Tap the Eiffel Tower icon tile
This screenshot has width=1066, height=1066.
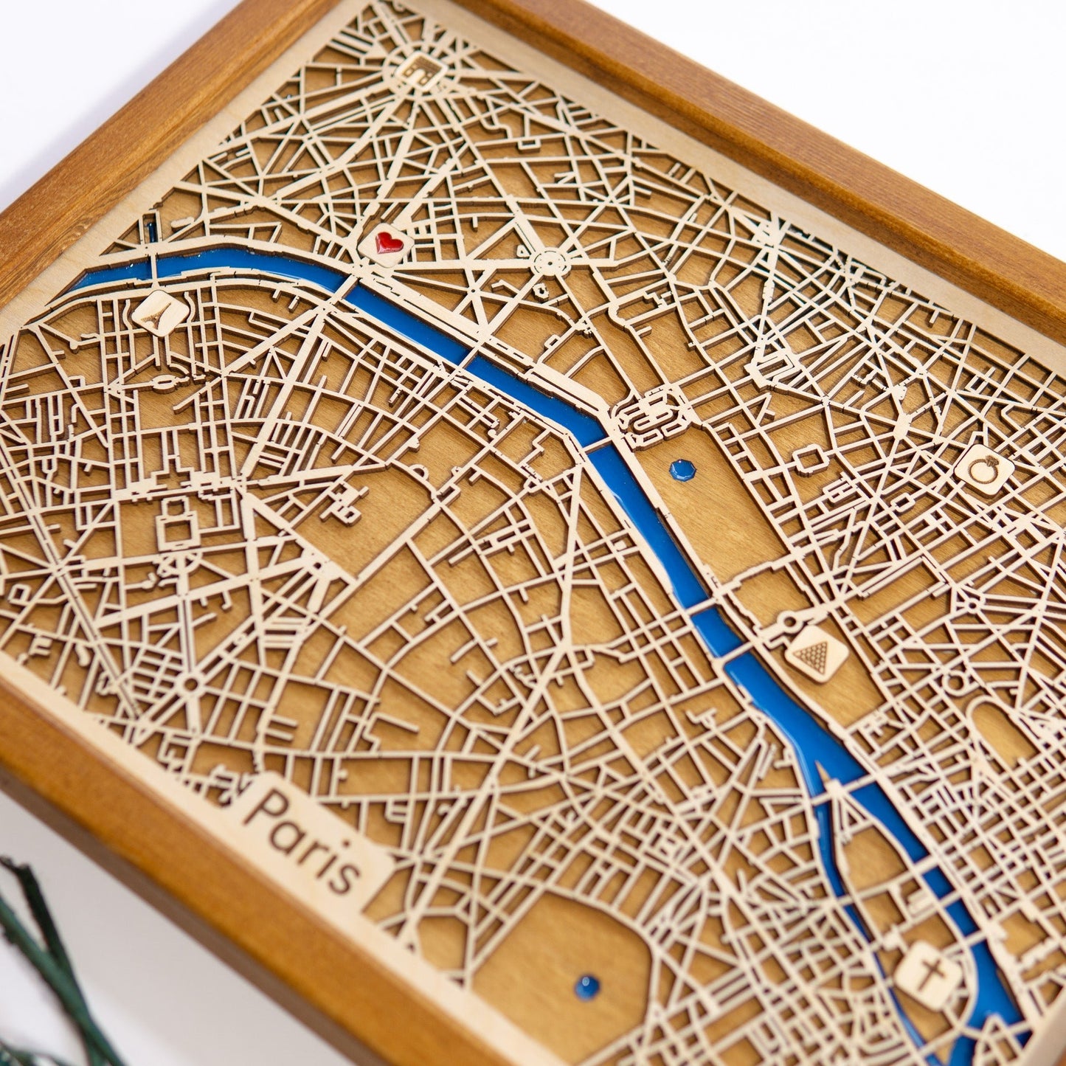point(158,312)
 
